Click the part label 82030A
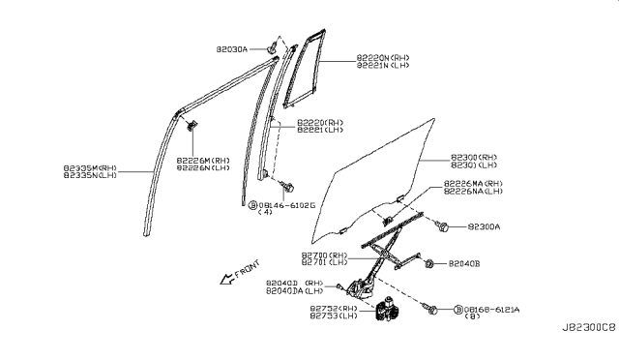coord(231,46)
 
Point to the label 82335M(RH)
coord(92,165)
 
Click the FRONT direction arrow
coord(227,281)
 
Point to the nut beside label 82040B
coord(429,263)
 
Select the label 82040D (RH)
coord(296,283)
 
